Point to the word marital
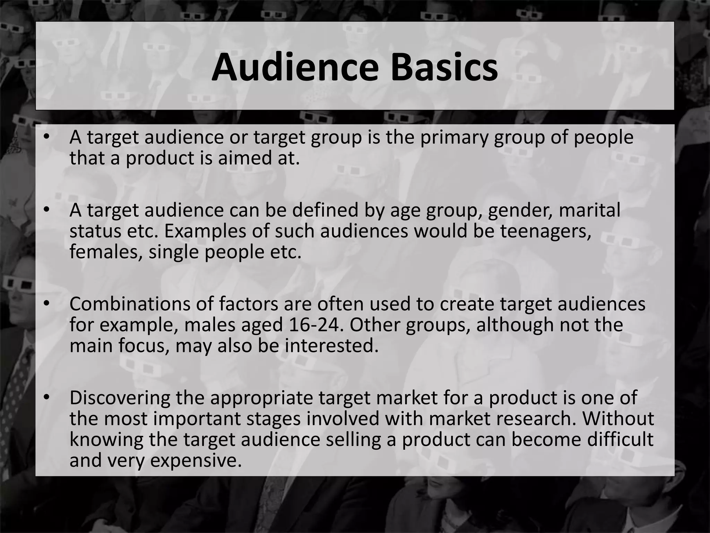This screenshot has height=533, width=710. click(x=590, y=211)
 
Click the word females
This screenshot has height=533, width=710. click(x=106, y=252)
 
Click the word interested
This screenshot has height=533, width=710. click(x=332, y=346)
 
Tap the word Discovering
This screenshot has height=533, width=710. click(x=120, y=398)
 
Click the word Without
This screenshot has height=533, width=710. click(x=618, y=418)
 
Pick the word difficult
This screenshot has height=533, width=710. click(x=620, y=439)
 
